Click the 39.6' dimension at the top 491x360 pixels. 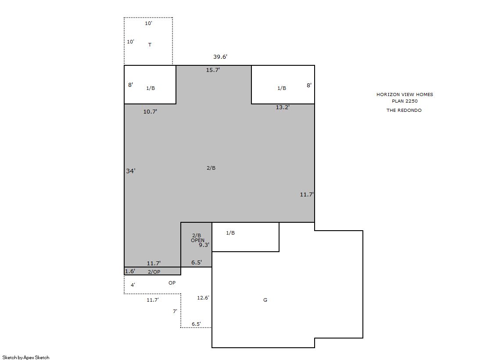(x=220, y=57)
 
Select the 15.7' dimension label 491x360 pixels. (x=213, y=70)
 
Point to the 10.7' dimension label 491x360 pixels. (x=150, y=111)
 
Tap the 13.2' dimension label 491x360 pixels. (x=283, y=107)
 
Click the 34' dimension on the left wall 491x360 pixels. (x=131, y=171)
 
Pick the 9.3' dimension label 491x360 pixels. (x=204, y=245)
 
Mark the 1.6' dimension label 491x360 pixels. (x=130, y=271)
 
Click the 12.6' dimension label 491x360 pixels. (x=203, y=298)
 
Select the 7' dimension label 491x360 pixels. (x=175, y=311)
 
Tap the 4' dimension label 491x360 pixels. (x=133, y=285)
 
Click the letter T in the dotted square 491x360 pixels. (x=150, y=45)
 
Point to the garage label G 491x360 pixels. (x=265, y=300)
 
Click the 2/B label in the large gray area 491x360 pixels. (x=211, y=168)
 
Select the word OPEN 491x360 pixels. (x=197, y=240)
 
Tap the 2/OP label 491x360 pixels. (x=154, y=272)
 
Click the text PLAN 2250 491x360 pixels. (x=405, y=101)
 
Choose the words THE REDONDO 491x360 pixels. (x=404, y=110)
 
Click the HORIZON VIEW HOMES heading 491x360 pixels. (x=405, y=94)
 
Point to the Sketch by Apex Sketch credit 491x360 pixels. (x=26, y=357)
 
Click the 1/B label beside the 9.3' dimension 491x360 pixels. (x=230, y=232)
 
